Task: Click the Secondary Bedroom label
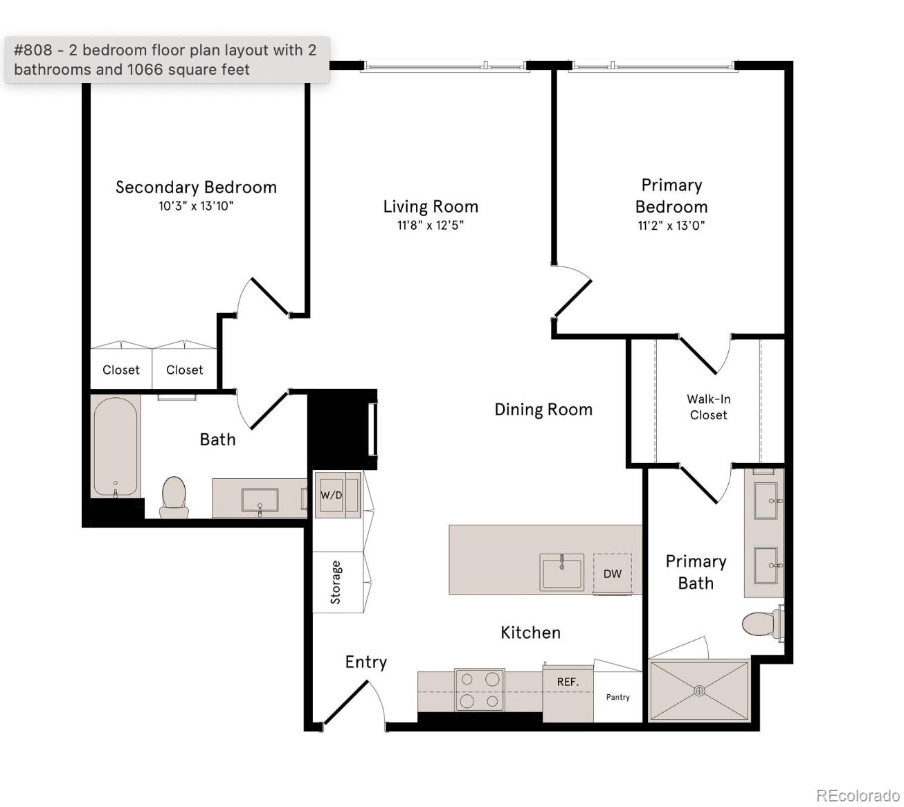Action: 196,187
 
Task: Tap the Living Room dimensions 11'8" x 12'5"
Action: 430,225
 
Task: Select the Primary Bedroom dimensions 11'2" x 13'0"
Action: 671,225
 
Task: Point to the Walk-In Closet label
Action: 708,407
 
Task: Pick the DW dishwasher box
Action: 612,573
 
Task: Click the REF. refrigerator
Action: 568,682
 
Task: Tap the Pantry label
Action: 618,697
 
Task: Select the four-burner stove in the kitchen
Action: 479,690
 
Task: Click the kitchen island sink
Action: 562,572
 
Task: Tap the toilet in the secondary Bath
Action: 174,496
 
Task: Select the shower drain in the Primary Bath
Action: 699,691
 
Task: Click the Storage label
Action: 336,582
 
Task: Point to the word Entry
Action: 365,662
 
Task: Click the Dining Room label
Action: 543,410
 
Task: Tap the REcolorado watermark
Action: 858,795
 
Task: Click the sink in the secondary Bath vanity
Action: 260,499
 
